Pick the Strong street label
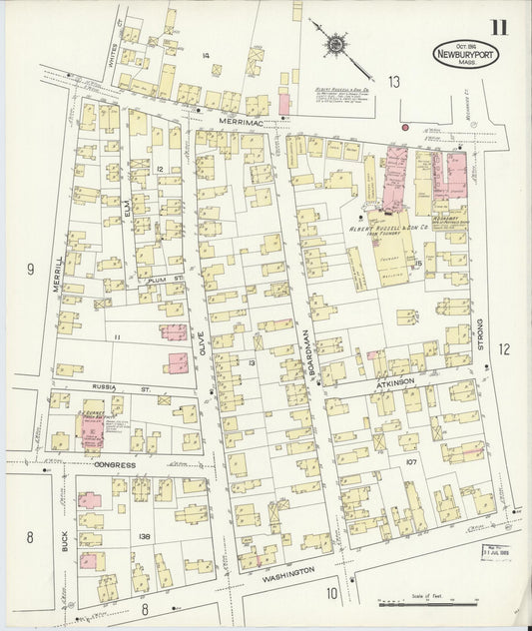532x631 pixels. click(480, 330)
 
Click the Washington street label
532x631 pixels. click(287, 573)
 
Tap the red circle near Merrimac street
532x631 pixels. click(404, 127)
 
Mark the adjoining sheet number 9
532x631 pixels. click(30, 269)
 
